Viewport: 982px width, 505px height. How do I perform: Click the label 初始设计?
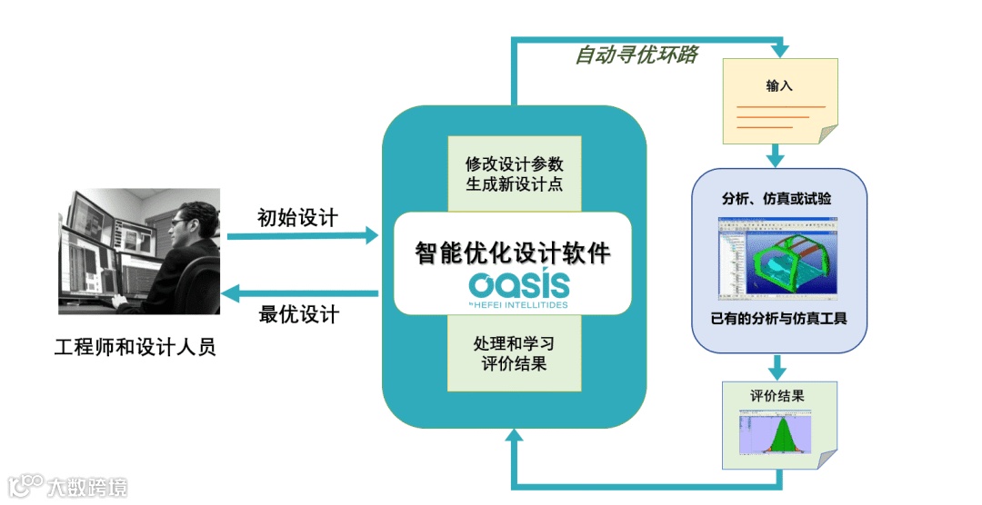[x=297, y=218]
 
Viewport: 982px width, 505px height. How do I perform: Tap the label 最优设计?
[x=297, y=314]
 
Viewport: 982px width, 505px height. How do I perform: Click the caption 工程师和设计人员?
[x=135, y=347]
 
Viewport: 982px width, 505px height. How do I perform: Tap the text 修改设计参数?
[x=514, y=164]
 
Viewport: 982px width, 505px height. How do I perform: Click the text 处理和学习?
[x=514, y=345]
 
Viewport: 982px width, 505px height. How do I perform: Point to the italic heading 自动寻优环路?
[x=636, y=55]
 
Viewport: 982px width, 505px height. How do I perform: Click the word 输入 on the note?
[x=779, y=86]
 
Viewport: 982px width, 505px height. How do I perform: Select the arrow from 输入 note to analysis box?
[x=776, y=155]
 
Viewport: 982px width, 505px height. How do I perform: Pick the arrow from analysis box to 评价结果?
[x=776, y=367]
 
